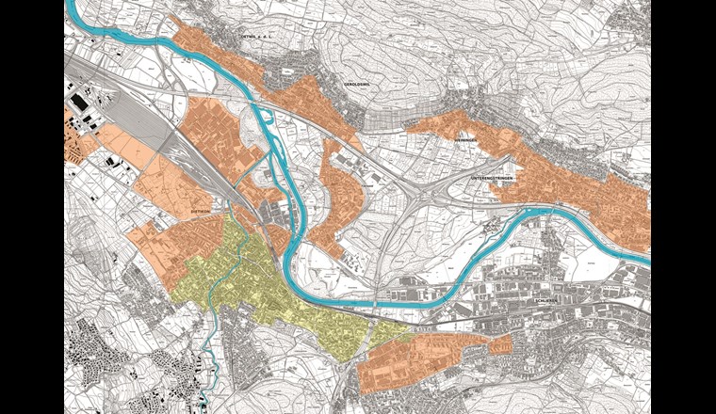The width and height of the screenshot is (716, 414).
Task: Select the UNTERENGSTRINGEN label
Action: point(496,177)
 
